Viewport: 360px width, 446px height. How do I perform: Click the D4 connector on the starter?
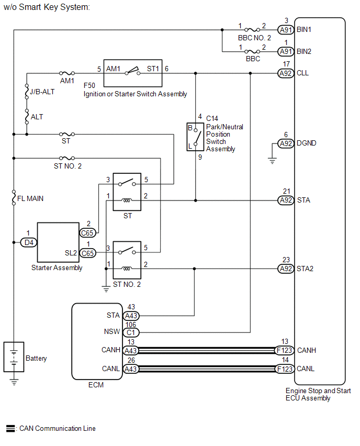coord(29,242)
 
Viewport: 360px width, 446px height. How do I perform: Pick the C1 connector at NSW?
coord(131,332)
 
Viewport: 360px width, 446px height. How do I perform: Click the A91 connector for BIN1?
coord(286,30)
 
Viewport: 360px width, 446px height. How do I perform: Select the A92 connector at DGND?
coord(286,143)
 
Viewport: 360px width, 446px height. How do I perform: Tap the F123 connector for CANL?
coord(284,369)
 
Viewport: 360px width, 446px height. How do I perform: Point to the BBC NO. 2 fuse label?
coord(254,38)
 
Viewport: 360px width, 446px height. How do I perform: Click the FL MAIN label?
coord(30,198)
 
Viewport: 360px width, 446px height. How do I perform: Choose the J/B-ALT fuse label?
coord(42,92)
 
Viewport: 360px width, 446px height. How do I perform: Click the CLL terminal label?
coord(302,73)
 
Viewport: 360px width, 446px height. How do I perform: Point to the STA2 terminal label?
coord(305,269)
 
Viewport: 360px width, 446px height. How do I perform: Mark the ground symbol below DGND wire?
coord(272,161)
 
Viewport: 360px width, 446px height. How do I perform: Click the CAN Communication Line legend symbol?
coord(10,428)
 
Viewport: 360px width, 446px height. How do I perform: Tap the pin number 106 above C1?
coord(131,325)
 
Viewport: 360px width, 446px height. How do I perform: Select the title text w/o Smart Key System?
coord(47,7)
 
